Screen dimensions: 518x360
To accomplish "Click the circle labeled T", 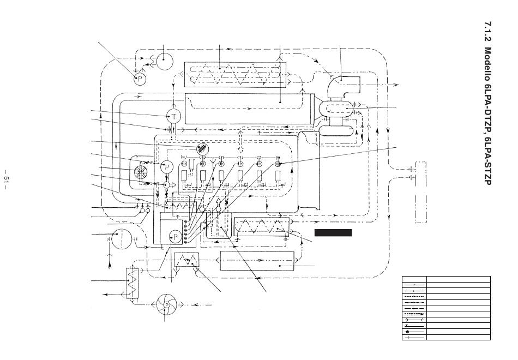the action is pos(174,116).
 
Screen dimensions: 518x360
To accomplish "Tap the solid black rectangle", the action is pos(333,233).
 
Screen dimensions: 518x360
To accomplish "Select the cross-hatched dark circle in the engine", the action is pos(202,149).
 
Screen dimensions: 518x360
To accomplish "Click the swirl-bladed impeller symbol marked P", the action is pos(166,305).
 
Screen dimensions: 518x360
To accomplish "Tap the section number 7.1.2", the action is pos(488,33).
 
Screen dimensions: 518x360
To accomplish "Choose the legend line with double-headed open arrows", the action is pos(414,320).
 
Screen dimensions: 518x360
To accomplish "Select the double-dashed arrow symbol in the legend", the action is pos(414,314).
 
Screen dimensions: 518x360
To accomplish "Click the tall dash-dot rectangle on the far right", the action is pos(420,193).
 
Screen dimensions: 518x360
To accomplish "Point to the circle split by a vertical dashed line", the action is pos(122,239).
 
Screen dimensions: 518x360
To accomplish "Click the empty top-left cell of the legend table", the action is pos(414,279).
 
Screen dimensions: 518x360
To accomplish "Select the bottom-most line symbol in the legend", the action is pos(414,337).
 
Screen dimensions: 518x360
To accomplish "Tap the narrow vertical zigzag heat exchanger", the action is pos(132,283).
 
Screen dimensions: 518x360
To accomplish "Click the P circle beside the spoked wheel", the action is pos(167,166).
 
